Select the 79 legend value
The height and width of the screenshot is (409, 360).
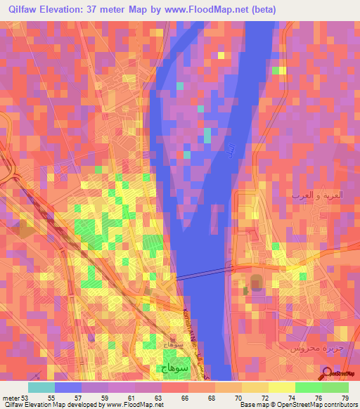tap(345, 398)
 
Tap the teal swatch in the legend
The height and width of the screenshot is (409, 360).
tap(41, 387)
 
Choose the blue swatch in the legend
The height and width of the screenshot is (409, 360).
tap(68, 387)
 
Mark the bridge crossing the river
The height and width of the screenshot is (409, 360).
tap(204, 272)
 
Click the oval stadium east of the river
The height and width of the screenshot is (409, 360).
tap(254, 285)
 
